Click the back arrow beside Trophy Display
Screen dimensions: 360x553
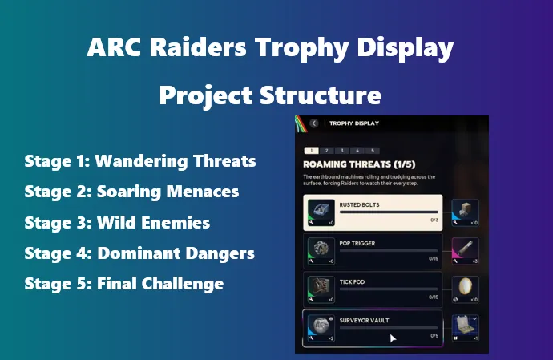pyautogui.click(x=314, y=123)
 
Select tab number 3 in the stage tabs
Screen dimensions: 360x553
pyautogui.click(x=341, y=150)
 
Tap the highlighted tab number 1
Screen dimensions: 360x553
pyautogui.click(x=311, y=150)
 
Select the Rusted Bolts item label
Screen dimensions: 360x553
pyautogui.click(x=359, y=204)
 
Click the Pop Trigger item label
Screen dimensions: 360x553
pyautogui.click(x=357, y=241)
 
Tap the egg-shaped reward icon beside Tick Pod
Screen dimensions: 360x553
pyautogui.click(x=466, y=287)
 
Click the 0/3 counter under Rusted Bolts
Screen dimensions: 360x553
pyautogui.click(x=434, y=219)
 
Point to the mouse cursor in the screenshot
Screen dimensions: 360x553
pyautogui.click(x=392, y=338)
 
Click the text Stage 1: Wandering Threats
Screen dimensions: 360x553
pyautogui.click(x=140, y=161)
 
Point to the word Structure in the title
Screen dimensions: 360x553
pyautogui.click(x=325, y=95)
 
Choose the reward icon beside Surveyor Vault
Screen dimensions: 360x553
pyautogui.click(x=466, y=325)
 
